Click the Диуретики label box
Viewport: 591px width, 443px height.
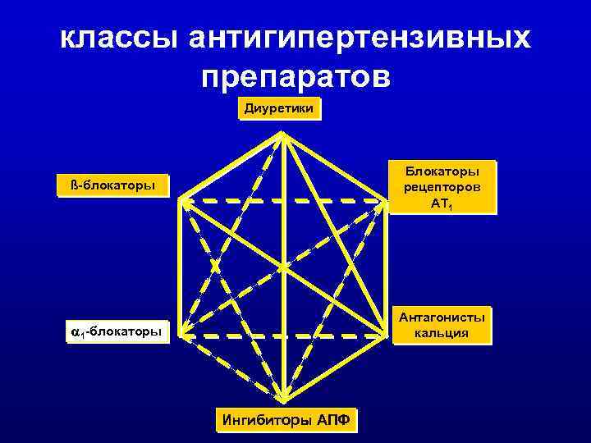point(280,108)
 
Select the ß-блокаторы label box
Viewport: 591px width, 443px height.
point(112,185)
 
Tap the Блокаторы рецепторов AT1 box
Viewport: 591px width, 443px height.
point(442,186)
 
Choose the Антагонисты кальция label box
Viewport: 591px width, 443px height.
point(442,325)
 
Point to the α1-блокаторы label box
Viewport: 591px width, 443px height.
point(116,331)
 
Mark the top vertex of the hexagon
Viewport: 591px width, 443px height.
point(282,133)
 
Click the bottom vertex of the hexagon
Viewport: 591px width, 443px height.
point(283,400)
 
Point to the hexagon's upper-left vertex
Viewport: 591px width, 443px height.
point(181,199)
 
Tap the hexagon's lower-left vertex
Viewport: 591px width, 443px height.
point(181,334)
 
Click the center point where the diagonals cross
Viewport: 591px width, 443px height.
point(283,267)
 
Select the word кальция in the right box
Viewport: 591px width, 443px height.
point(442,333)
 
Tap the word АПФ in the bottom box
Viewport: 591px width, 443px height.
point(333,421)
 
